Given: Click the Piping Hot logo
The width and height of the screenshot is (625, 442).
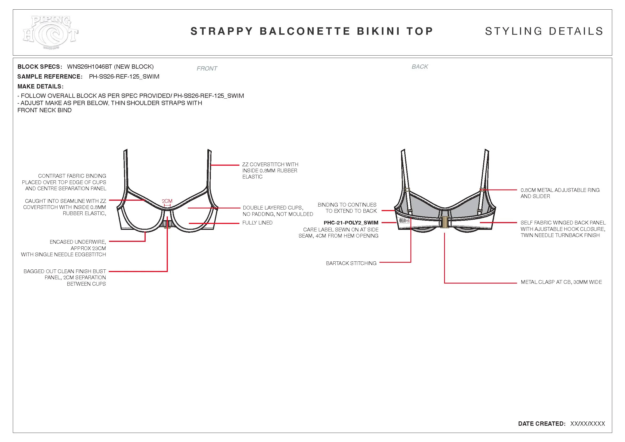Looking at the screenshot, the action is pos(51,32).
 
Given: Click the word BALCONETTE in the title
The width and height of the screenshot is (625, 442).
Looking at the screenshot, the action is pos(305,31).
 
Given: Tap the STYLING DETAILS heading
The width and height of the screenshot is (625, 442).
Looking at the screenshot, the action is pos(544,31).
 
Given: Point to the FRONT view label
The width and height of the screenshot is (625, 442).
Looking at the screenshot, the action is pos(207,69).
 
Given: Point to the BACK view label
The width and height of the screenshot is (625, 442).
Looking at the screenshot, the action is pos(420,67).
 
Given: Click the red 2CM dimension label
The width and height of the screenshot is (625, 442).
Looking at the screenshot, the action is pos(167,201).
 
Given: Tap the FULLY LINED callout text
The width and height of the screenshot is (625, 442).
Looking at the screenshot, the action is pos(257,223).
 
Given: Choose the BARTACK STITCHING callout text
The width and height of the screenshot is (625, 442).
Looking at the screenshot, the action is pos(351,263).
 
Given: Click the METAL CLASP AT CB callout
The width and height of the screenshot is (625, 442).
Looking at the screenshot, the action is pos(561,282).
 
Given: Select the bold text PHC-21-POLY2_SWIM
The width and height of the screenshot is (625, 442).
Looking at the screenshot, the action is pos(351,223).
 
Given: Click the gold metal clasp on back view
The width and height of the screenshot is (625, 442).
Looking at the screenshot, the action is pos(445,222).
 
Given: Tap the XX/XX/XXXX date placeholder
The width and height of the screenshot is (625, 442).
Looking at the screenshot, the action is pos(587,424).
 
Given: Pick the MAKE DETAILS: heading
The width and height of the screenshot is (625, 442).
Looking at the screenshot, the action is pos(40,87).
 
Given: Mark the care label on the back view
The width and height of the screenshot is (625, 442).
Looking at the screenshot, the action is pos(404,221).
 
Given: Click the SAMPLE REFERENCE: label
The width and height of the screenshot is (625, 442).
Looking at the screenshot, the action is pos(50,77).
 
